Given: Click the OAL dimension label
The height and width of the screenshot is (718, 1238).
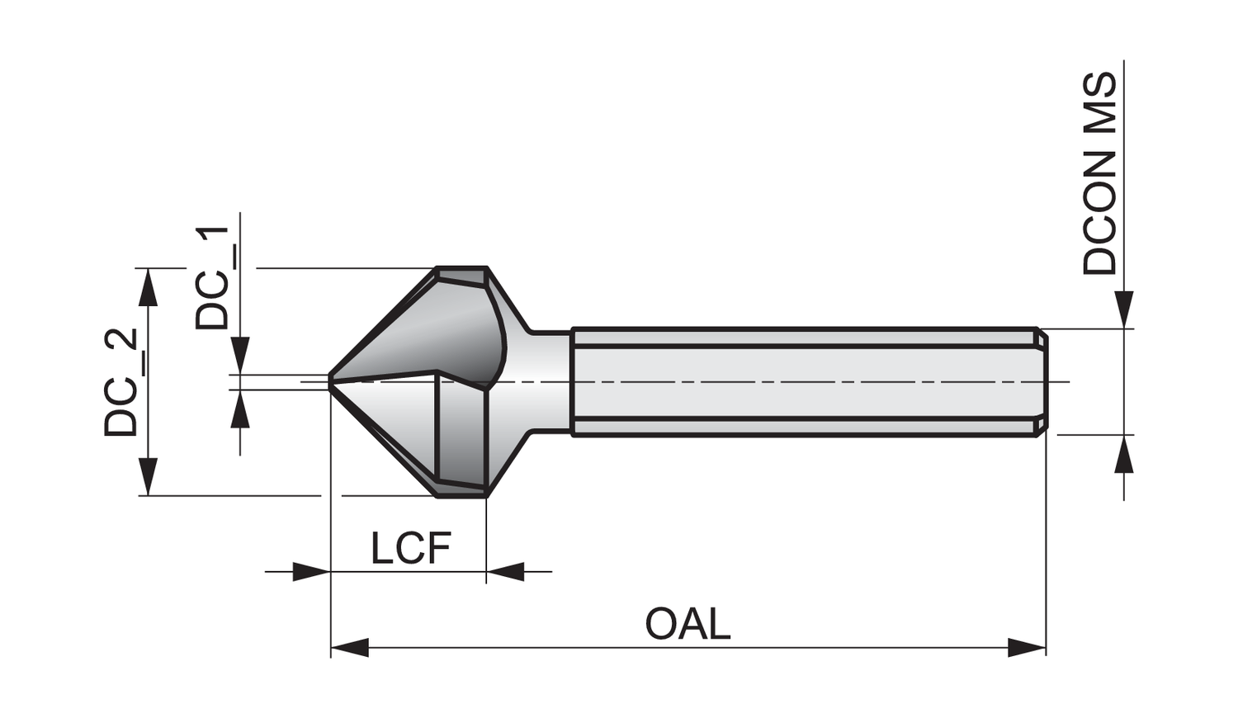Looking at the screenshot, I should pyautogui.click(x=688, y=624).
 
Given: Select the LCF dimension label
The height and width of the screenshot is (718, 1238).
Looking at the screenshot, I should pyautogui.click(x=410, y=549).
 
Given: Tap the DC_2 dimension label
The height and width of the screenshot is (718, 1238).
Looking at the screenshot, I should pyautogui.click(x=120, y=382).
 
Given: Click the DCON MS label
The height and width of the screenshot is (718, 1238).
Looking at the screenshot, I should pyautogui.click(x=1099, y=174).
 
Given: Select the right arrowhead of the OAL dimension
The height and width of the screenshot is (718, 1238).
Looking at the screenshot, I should pyautogui.click(x=1027, y=648).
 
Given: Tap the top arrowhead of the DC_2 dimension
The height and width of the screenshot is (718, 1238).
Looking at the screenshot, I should pyautogui.click(x=148, y=286).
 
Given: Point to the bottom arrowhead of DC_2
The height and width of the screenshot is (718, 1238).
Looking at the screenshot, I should pyautogui.click(x=148, y=477).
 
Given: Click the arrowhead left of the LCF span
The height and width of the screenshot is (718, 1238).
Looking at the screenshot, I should pyautogui.click(x=311, y=571).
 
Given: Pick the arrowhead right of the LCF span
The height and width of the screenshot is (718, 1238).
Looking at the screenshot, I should pyautogui.click(x=505, y=571).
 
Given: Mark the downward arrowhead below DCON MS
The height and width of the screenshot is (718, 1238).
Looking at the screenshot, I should pyautogui.click(x=1123, y=309).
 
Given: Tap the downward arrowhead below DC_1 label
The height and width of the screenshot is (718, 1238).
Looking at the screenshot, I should pyautogui.click(x=240, y=355).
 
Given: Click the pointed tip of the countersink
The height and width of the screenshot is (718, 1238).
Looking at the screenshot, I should pyautogui.click(x=330, y=380).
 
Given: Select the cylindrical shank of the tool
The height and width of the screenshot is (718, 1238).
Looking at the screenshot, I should pyautogui.click(x=801, y=381).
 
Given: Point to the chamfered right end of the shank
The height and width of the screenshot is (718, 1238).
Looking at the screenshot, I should pyautogui.click(x=1042, y=381).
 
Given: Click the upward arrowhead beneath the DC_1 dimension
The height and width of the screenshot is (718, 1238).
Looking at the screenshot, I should pyautogui.click(x=240, y=409).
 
